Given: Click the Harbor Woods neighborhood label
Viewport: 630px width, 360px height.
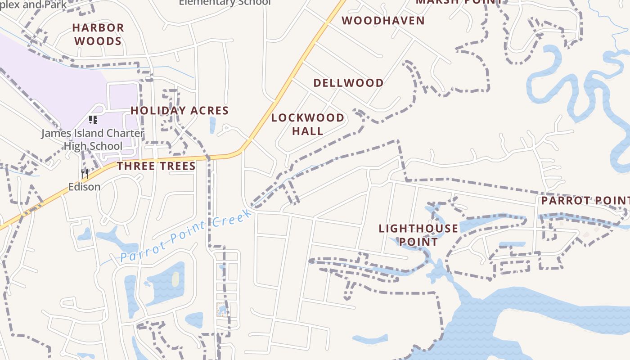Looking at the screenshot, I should point(98,34).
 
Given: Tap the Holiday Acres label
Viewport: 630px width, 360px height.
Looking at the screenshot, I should point(180,111).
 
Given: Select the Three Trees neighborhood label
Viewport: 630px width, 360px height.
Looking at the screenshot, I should point(156,166).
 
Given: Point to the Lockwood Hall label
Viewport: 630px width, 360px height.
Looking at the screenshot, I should point(308,124).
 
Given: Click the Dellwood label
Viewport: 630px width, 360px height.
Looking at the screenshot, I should point(348,83).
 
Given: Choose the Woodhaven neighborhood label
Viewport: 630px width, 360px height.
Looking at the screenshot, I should point(383,21).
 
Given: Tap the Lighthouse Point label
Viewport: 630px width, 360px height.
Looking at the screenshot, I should point(418,235).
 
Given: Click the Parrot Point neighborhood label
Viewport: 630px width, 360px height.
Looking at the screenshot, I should point(585,201).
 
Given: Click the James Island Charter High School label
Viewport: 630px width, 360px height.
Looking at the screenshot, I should point(93,139).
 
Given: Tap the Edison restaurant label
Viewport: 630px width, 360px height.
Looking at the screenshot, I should point(84,186).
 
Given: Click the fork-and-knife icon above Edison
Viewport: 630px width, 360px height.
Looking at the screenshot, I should point(85,173).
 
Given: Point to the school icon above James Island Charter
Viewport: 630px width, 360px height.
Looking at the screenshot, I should point(93,120).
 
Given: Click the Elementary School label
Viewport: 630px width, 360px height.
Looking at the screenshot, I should point(225,3).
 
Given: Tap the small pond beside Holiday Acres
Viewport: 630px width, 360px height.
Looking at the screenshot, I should point(212,125).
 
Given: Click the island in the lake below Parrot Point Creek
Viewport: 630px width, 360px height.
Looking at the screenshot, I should point(175,279).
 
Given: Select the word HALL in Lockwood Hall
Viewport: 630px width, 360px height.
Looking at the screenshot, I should point(308,131).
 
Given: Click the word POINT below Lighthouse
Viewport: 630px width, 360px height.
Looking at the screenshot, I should point(418,242).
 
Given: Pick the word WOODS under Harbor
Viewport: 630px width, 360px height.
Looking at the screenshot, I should point(98,41).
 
